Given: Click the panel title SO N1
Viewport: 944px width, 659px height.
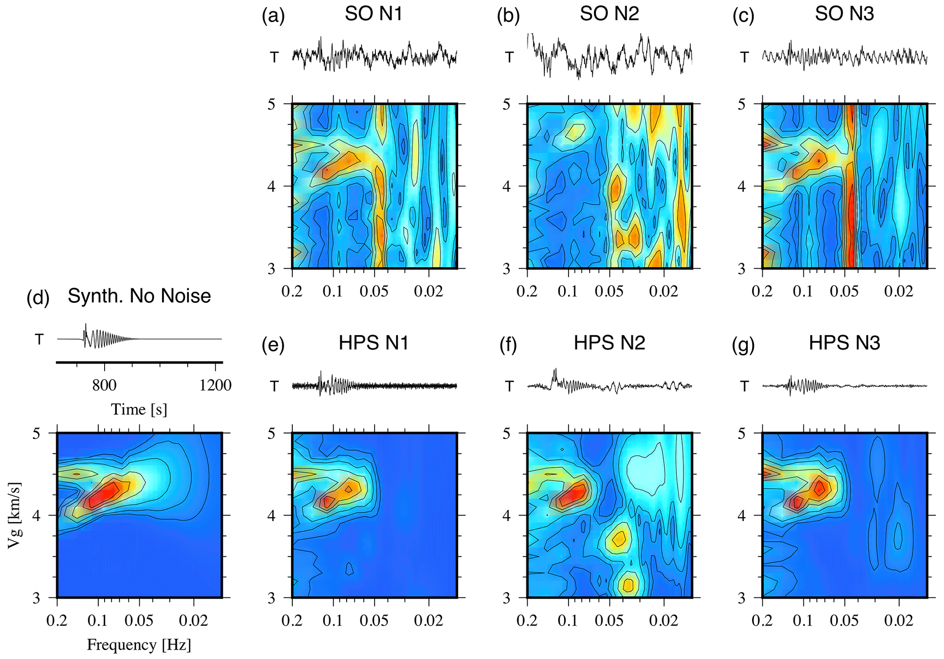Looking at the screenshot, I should click(373, 14).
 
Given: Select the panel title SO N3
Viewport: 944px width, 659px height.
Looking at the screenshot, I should click(844, 14).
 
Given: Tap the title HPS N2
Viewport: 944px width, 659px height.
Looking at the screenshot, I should click(609, 343).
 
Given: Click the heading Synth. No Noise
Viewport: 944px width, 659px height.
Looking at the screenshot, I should click(139, 296).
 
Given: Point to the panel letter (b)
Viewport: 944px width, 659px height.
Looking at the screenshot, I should click(508, 16).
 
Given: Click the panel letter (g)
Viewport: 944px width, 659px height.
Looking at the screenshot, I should click(743, 345).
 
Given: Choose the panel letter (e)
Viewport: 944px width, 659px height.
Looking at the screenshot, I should click(273, 345).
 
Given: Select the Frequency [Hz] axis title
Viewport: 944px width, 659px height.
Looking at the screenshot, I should click(139, 644).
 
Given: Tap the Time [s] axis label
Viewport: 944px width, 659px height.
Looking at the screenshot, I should click(139, 409).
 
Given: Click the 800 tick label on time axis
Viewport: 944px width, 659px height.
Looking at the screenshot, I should click(104, 385).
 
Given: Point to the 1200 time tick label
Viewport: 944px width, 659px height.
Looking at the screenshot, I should click(215, 385).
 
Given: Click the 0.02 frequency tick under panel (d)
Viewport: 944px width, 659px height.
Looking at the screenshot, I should click(194, 621).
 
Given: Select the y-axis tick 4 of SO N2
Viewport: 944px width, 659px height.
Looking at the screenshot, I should click(506, 186).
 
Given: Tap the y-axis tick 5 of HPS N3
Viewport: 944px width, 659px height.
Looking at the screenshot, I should click(742, 433).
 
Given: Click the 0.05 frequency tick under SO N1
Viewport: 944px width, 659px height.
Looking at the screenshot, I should click(374, 292).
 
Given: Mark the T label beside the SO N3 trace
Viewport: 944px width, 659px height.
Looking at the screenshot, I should click(744, 58).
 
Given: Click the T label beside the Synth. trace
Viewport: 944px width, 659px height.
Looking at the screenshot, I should click(39, 339).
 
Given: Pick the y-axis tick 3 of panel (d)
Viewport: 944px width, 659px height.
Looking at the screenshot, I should click(37, 598).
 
